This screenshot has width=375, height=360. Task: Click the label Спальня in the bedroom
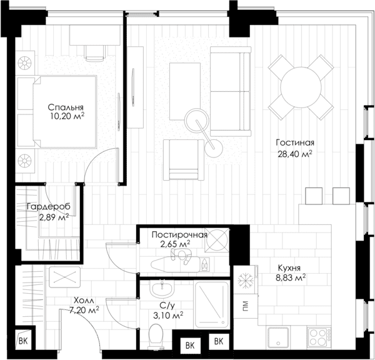66,107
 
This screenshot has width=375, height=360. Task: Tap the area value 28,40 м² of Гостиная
295,154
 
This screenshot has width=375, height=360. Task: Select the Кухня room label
289,267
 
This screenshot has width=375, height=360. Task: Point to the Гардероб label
49,206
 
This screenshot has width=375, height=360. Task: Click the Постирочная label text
179,234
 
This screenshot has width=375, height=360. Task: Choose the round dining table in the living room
301,87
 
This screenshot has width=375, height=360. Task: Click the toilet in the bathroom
156,336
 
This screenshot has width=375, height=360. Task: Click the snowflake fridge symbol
246,280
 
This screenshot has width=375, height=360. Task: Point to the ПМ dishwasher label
245,306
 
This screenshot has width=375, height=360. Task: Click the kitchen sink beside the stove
278,337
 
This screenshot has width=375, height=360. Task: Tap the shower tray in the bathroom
212,305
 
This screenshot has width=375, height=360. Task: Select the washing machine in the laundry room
217,241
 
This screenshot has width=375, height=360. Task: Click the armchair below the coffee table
184,160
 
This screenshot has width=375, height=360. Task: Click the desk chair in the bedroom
95,53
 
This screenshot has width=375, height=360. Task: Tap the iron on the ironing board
204,265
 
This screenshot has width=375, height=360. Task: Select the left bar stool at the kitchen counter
314,196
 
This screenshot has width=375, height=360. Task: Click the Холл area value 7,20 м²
84,310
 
